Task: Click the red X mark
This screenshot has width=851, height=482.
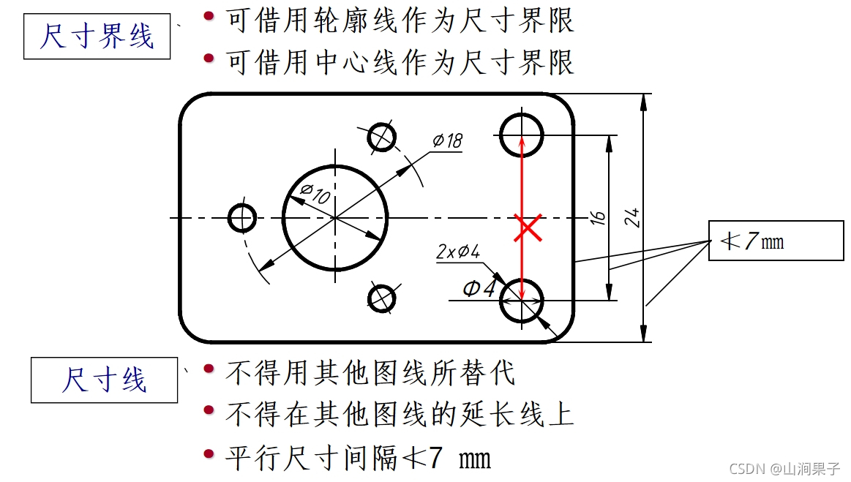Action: click(528, 227)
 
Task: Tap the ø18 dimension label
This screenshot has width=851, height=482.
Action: click(447, 140)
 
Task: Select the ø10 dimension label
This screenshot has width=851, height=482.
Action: click(315, 194)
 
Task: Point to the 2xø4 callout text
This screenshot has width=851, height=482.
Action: click(458, 252)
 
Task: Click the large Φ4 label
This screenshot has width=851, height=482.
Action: click(479, 289)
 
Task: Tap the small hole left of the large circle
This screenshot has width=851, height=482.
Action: click(241, 217)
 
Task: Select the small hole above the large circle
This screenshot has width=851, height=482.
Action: click(381, 136)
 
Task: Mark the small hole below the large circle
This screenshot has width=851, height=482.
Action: click(381, 298)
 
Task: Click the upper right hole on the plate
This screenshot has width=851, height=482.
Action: click(522, 135)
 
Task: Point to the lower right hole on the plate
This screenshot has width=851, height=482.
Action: click(522, 300)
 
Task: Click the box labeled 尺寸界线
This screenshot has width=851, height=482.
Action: click(97, 37)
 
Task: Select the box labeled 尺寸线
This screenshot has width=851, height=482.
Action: click(104, 380)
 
